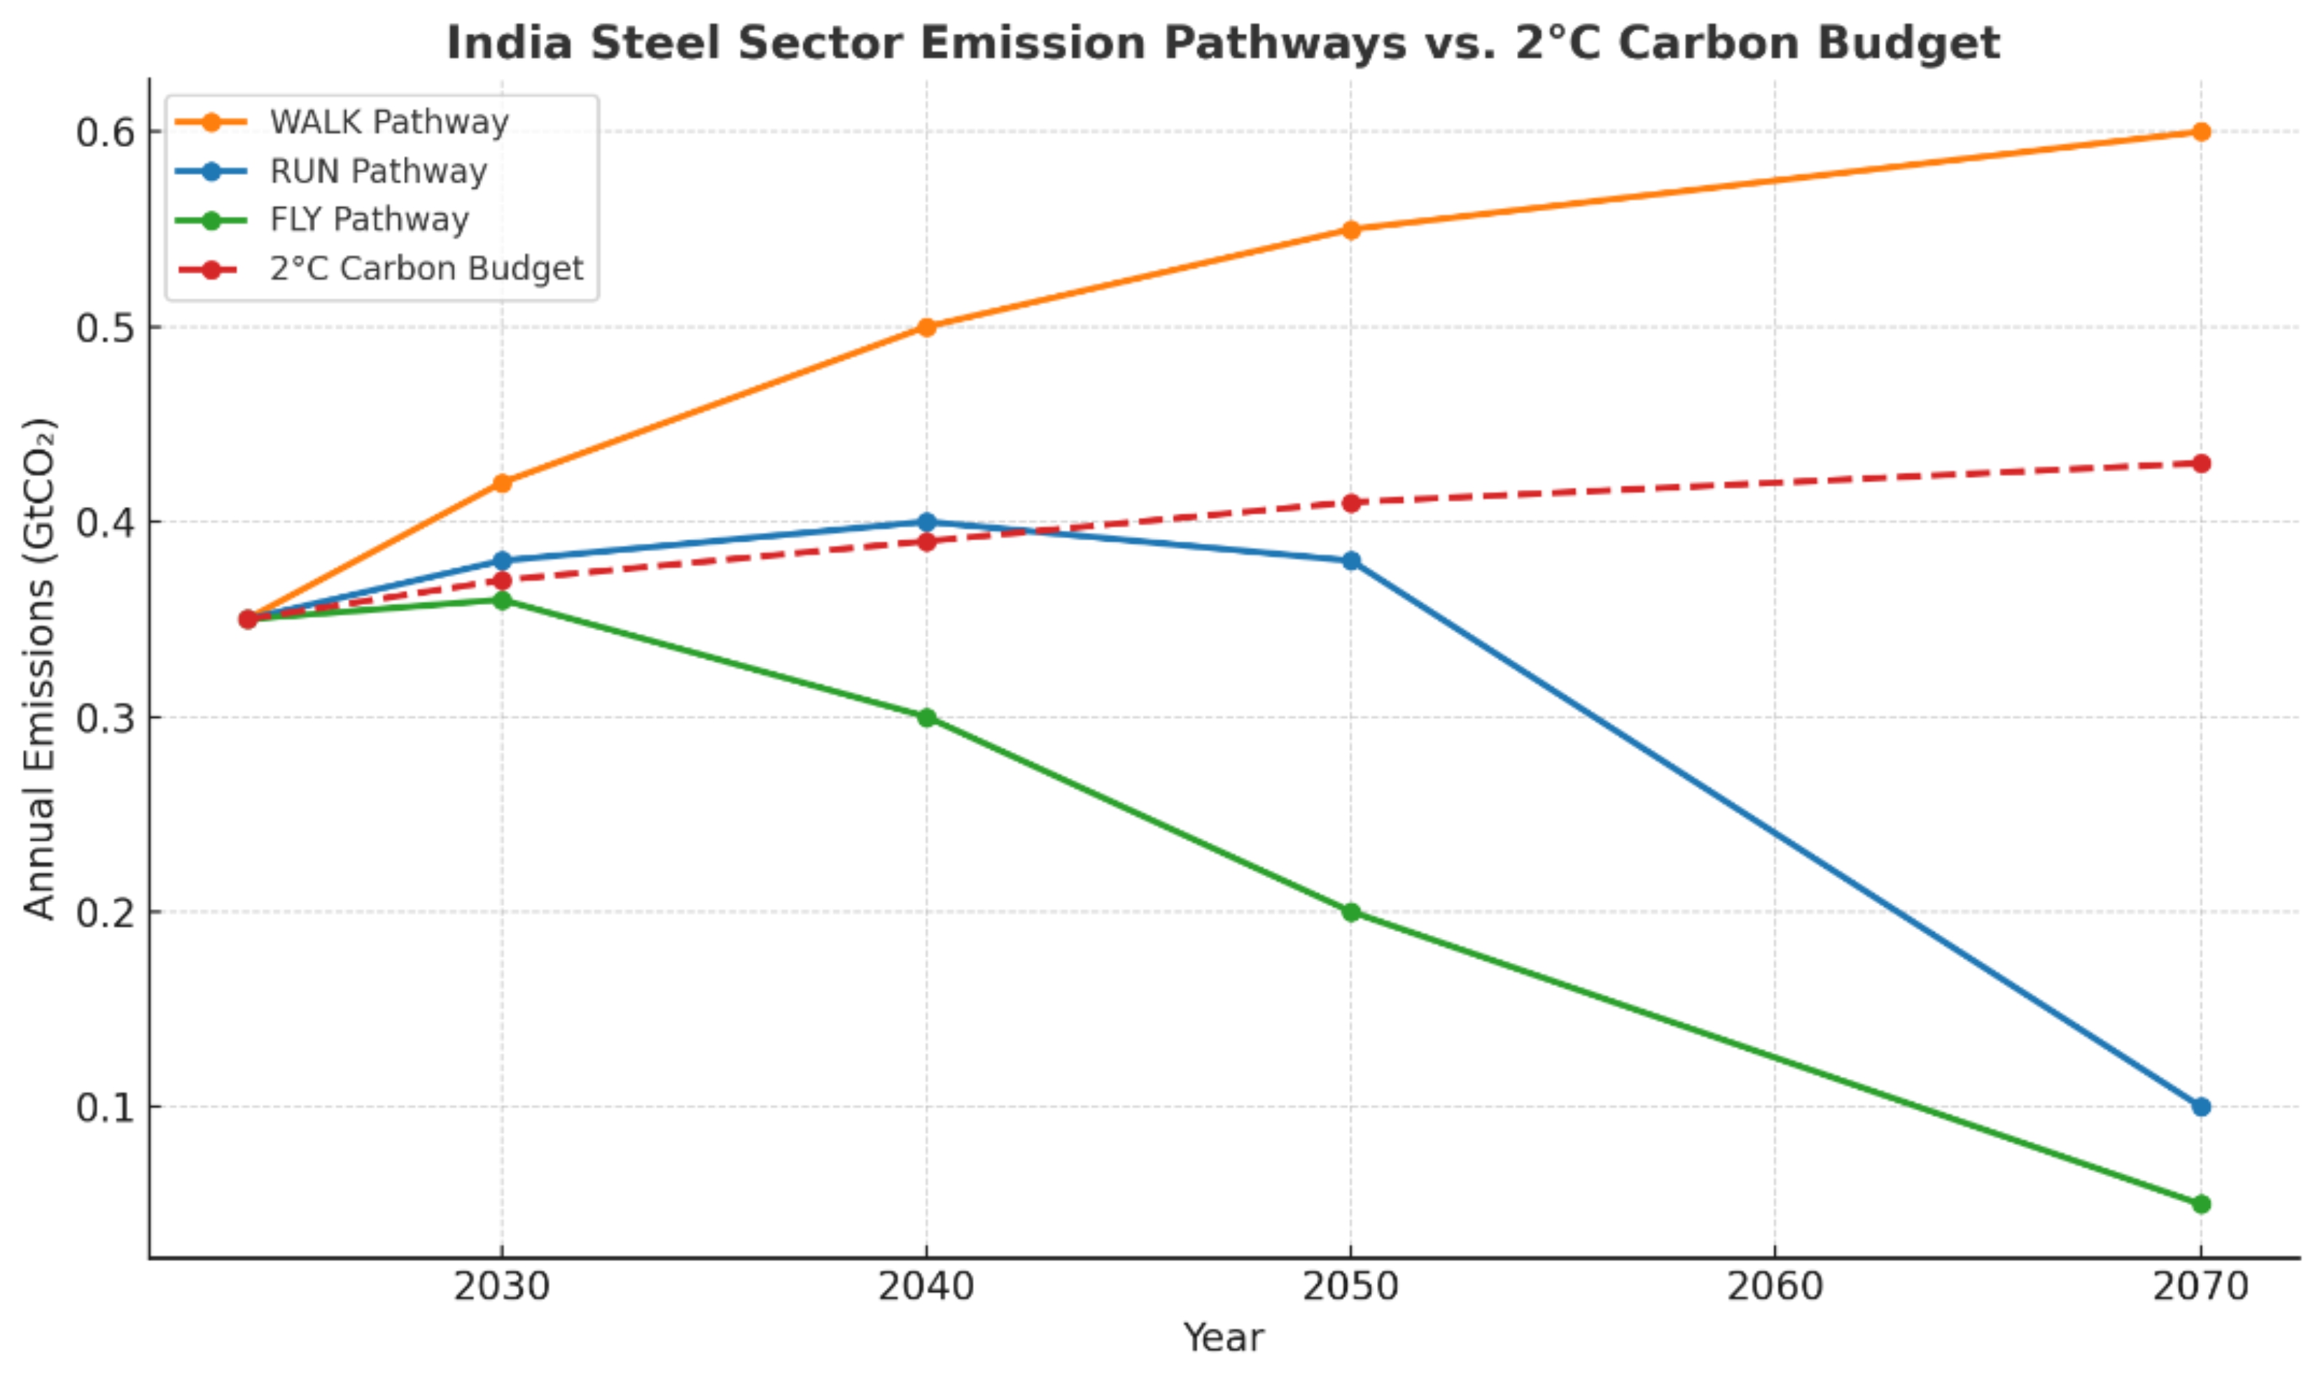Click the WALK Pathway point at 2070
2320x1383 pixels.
(2201, 132)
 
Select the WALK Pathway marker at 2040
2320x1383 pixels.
(926, 327)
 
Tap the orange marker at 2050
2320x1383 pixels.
(1351, 229)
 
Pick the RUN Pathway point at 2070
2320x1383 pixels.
(2201, 1106)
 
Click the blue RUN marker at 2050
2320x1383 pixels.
(1351, 561)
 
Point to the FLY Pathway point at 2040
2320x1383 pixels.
(926, 718)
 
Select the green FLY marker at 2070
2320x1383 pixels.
(2201, 1204)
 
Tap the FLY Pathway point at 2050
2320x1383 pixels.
(1351, 912)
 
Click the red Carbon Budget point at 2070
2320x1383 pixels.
(2201, 463)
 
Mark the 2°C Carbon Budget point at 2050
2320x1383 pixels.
(1351, 502)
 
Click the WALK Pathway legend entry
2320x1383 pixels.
(389, 122)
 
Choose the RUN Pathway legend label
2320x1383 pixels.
(377, 172)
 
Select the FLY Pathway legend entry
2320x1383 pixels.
(369, 220)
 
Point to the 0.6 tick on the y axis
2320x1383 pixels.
(104, 132)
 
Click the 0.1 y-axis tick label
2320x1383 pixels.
(104, 1107)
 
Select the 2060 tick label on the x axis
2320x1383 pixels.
(1775, 1287)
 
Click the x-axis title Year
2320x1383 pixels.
(1224, 1338)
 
